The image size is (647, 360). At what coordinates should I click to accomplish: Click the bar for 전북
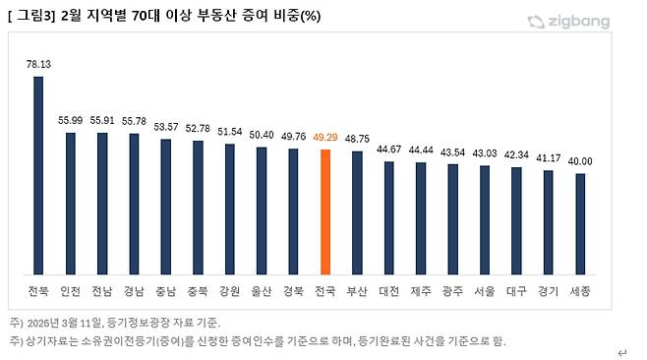(39, 177)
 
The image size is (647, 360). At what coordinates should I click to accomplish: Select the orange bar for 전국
(325, 213)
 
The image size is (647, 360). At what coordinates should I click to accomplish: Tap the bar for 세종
(580, 225)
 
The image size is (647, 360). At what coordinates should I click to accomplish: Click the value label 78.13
(39, 63)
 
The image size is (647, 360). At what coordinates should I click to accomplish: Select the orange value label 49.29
(325, 138)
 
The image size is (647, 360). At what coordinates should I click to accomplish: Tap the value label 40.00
(580, 161)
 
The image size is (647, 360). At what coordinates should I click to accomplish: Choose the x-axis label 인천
(71, 292)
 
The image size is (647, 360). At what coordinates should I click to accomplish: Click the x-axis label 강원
(230, 292)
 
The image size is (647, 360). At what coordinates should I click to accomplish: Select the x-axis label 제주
(421, 292)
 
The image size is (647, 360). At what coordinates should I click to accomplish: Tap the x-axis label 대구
(516, 292)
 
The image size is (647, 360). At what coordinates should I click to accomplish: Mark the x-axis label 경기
(548, 292)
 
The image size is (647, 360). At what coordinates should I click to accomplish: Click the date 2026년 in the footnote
(45, 323)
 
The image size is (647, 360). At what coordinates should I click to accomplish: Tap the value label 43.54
(452, 151)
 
